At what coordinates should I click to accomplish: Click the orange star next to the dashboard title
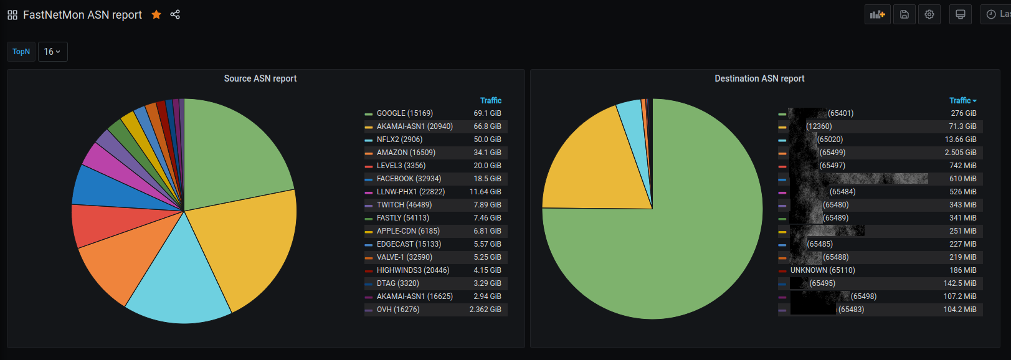pos(156,14)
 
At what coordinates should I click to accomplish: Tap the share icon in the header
pos(175,14)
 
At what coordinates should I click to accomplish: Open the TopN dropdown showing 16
pos(52,52)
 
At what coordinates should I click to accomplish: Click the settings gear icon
pos(929,14)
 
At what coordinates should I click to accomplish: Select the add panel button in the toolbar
pos(877,14)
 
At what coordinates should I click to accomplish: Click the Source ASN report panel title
pos(260,78)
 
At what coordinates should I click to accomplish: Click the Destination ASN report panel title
pos(759,78)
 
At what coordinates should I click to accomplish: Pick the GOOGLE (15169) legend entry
pos(404,113)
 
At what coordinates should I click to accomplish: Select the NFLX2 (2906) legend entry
pos(399,140)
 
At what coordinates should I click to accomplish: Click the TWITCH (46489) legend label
pos(404,205)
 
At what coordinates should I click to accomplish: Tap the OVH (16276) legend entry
pos(398,310)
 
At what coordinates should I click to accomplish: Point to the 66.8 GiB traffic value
pos(487,126)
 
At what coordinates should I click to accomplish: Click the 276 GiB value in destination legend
pos(963,113)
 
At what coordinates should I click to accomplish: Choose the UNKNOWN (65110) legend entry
pos(822,270)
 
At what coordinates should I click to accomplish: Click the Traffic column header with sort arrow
pos(962,100)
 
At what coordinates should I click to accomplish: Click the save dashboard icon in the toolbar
pos(904,14)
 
